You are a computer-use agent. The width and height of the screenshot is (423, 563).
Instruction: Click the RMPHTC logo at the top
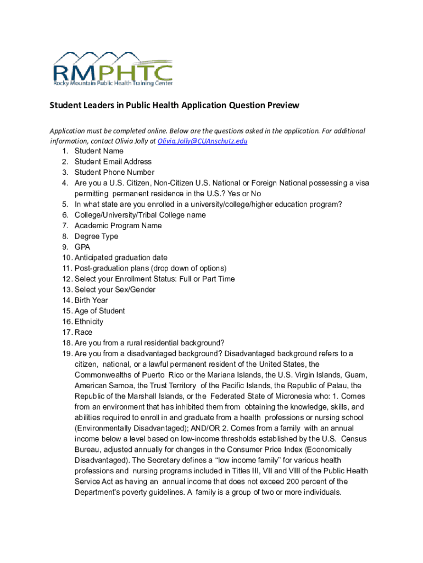click(113, 70)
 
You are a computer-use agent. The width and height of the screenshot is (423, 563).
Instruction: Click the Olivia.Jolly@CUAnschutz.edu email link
click(202, 141)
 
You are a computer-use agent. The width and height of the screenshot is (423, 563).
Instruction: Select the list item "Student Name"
click(99, 151)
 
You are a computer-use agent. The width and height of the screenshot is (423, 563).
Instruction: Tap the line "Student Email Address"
click(113, 162)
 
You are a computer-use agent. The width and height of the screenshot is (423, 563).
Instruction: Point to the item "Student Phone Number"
click(114, 172)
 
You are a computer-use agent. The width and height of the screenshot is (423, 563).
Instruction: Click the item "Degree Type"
click(96, 236)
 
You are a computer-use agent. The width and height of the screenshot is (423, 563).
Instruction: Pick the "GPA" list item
click(82, 247)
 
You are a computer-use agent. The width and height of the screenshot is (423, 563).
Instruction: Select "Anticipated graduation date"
click(121, 258)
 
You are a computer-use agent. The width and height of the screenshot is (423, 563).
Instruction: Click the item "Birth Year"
click(91, 300)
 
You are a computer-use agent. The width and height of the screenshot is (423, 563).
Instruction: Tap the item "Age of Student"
click(99, 311)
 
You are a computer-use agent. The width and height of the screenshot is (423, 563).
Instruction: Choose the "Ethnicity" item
click(89, 322)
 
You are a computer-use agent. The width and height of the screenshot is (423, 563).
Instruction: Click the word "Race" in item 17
click(84, 332)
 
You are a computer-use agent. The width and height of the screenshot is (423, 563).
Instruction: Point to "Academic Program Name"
click(118, 225)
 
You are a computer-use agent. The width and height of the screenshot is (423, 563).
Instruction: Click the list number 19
click(66, 354)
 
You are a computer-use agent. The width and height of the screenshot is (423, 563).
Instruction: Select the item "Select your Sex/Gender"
click(115, 290)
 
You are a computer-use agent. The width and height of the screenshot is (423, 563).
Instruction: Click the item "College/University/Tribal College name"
click(140, 215)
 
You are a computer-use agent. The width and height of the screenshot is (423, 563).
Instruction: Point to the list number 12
click(66, 279)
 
